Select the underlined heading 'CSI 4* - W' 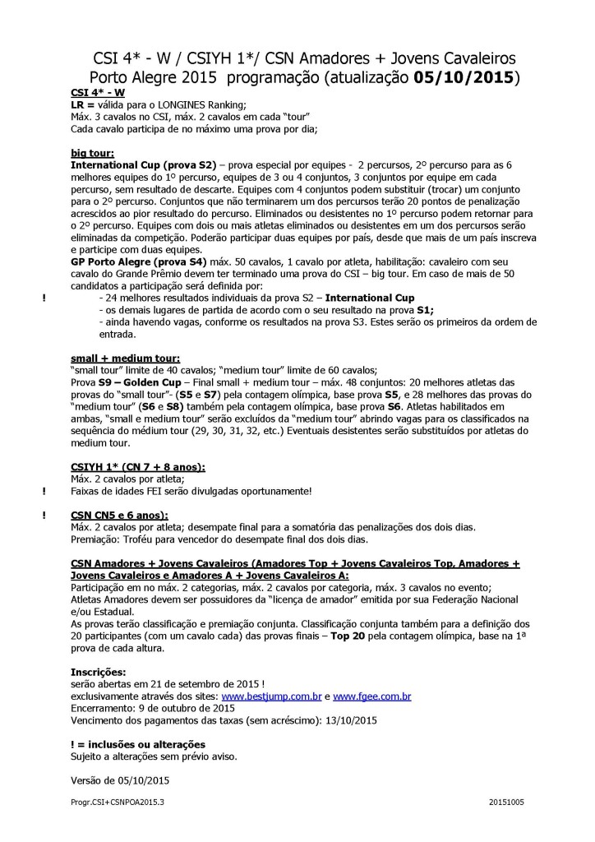pyautogui.click(x=98, y=93)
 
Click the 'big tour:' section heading pyautogui.click(x=93, y=153)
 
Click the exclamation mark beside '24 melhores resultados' pyautogui.click(x=43, y=297)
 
